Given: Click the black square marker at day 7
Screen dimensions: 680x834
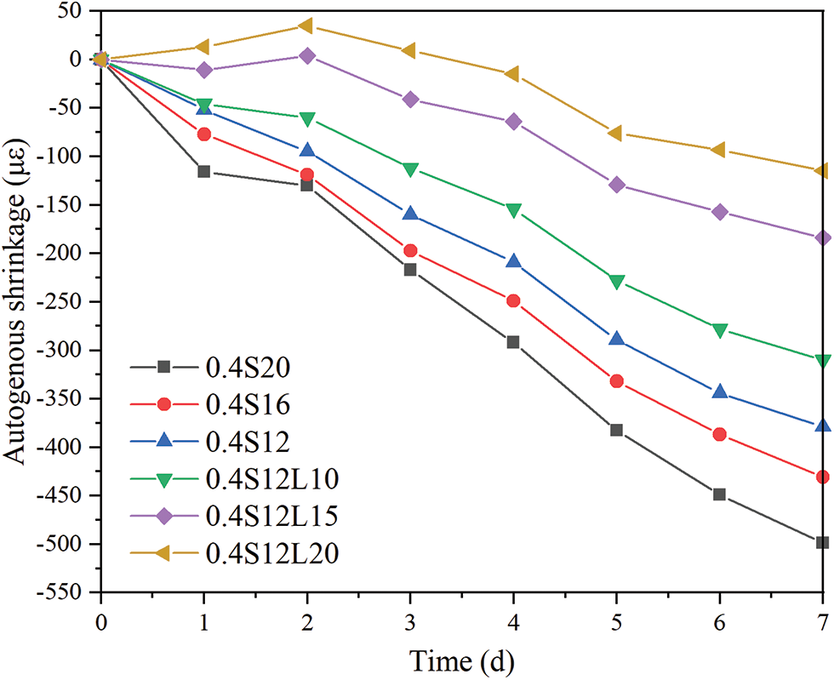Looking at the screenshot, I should (822, 542).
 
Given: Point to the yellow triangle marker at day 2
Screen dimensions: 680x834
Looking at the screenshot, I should (306, 26).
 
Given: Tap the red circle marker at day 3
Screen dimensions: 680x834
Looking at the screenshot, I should (409, 250).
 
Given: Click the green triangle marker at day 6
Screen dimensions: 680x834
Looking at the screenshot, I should (719, 330).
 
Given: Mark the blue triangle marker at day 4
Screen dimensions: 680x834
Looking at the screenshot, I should (513, 260).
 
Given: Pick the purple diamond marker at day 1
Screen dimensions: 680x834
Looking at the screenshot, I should (203, 70).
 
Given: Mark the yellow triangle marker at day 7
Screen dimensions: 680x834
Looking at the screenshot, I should (822, 171).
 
